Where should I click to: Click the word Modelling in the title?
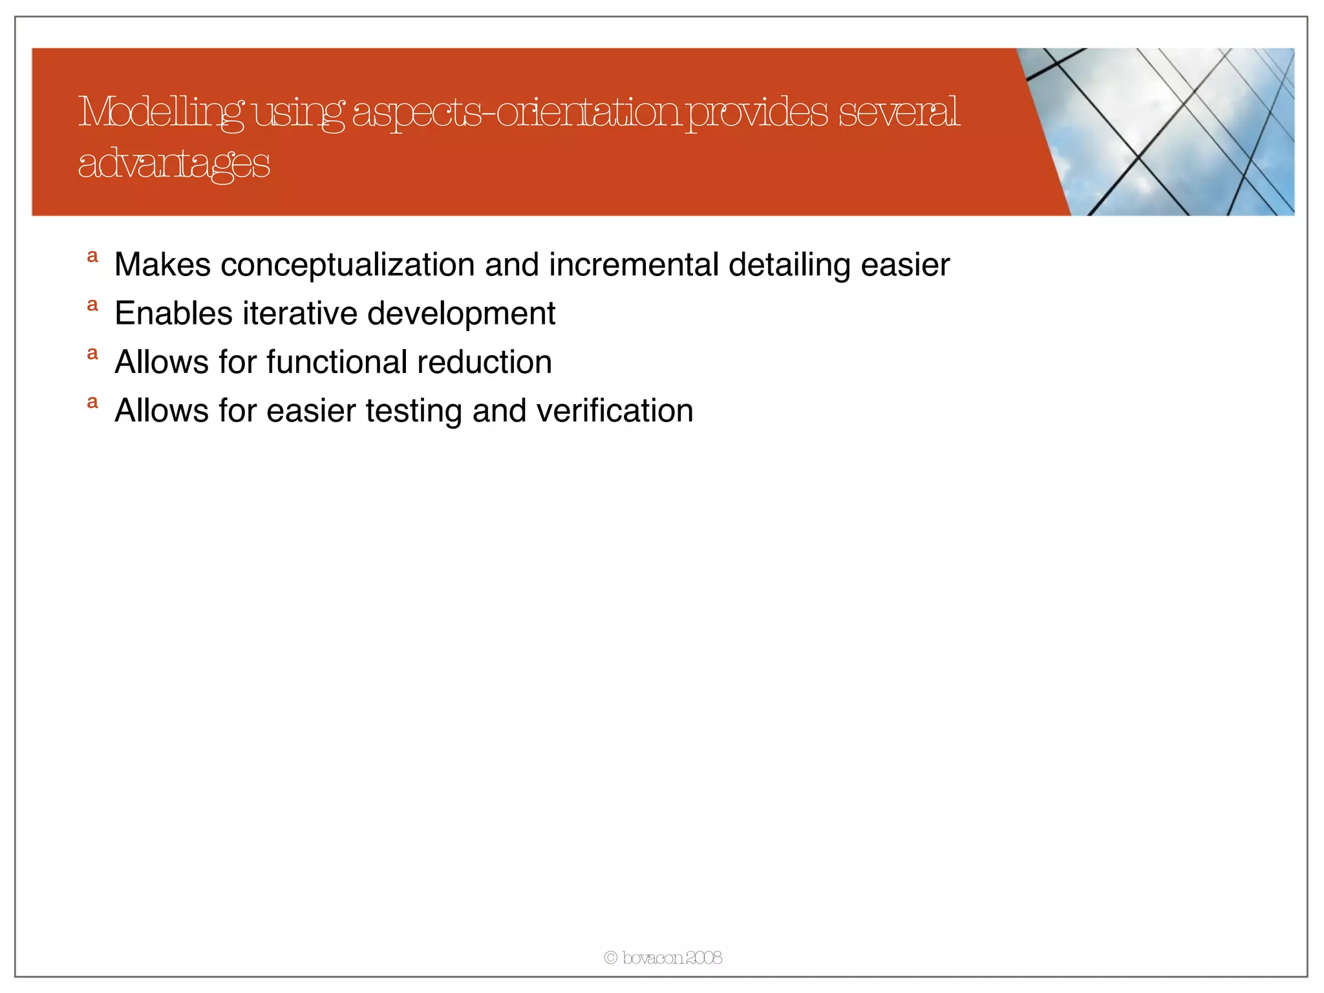click(162, 112)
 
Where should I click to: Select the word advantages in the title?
click(173, 164)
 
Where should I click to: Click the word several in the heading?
click(899, 112)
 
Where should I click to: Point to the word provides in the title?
click(756, 112)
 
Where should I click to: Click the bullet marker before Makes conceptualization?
click(92, 256)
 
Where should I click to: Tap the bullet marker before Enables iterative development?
click(92, 304)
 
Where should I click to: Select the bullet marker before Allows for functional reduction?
click(92, 353)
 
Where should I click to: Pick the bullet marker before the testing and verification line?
click(92, 401)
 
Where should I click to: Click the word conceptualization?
click(348, 265)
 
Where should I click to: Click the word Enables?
click(173, 314)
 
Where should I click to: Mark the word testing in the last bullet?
click(414, 412)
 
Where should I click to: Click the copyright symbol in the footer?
click(610, 958)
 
